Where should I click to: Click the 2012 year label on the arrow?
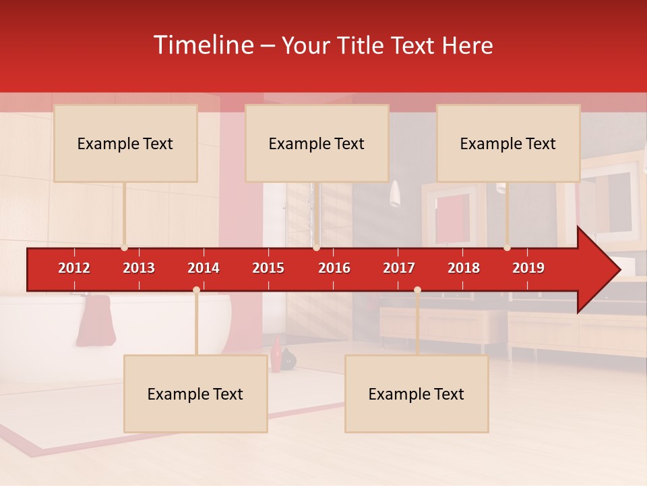[x=74, y=268]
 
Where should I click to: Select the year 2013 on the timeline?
[x=139, y=268]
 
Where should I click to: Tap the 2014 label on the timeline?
[x=204, y=268]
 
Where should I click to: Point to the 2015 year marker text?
[x=268, y=268]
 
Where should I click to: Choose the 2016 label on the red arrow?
[x=334, y=268]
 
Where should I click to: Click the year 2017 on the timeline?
[x=399, y=268]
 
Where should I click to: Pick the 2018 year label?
[x=464, y=268]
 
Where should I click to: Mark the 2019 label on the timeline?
[x=528, y=268]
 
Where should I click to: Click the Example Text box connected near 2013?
[x=125, y=144]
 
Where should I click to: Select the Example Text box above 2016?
[x=317, y=144]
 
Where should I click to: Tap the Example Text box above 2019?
[x=508, y=144]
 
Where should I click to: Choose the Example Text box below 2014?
[x=195, y=394]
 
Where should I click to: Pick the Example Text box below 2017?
[x=417, y=394]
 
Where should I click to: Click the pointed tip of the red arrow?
[x=618, y=270]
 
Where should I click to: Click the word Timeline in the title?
[x=202, y=45]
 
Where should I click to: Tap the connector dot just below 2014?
[x=196, y=290]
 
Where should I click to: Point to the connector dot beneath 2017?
[x=417, y=290]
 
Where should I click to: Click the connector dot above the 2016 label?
[x=316, y=248]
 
